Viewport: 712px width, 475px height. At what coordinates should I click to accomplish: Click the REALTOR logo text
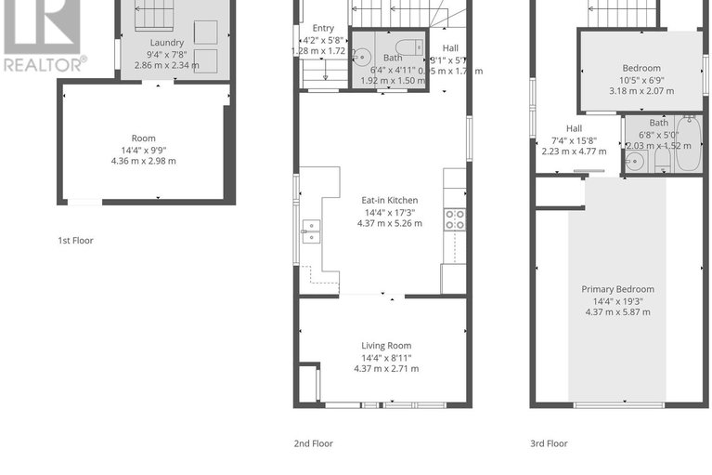pos(44,64)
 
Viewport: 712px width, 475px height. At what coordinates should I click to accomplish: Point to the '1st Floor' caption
pos(75,241)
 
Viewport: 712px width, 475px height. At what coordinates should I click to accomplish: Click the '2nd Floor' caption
pos(314,443)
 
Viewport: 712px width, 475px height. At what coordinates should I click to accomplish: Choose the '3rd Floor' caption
pos(549,443)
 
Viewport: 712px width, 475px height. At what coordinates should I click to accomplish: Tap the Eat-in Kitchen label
pos(390,200)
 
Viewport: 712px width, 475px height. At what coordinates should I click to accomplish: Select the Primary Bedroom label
pos(618,289)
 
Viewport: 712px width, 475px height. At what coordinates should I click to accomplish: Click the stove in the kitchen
pos(455,220)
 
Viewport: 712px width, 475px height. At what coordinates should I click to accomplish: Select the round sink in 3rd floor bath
pos(634,162)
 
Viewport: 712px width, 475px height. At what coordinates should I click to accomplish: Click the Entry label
pos(323,28)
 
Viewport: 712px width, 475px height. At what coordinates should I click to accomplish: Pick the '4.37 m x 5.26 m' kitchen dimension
pos(390,223)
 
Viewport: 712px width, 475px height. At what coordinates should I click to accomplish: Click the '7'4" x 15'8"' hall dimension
pos(574,140)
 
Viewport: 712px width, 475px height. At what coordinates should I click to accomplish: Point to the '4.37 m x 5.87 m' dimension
pos(618,311)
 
